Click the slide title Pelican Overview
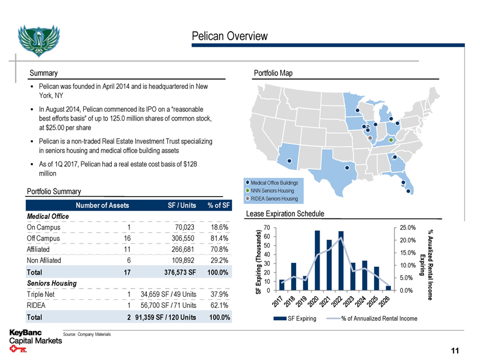click(x=229, y=36)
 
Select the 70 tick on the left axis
click(x=266, y=228)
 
